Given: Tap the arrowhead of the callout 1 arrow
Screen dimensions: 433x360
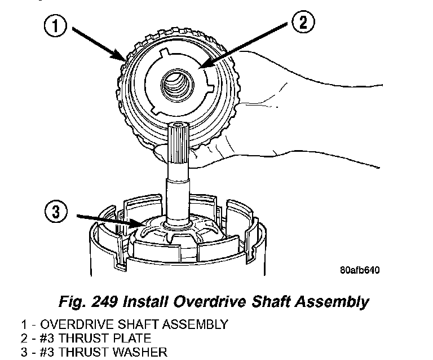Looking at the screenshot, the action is point(125,59).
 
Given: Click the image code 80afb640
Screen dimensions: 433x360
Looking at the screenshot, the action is point(360,269).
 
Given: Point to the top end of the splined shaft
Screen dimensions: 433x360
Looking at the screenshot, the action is point(178,125).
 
